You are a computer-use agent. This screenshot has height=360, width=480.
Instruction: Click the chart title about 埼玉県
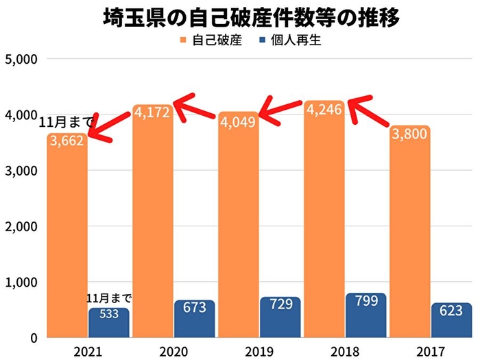[240, 16]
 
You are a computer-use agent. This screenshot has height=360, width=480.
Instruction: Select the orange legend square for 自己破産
[184, 40]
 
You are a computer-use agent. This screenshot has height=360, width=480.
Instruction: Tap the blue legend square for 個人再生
[263, 40]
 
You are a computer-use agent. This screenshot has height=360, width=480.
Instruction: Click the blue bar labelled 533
[108, 323]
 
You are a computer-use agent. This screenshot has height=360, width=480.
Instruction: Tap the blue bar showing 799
[365, 315]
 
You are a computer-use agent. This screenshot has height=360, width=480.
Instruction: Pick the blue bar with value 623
[451, 320]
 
